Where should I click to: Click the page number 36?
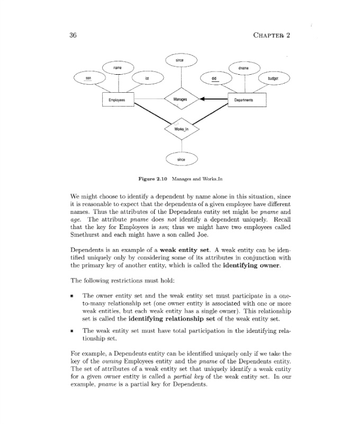pos(74,36)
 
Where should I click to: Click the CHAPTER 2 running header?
pos(273,36)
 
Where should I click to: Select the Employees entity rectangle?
pos(117,100)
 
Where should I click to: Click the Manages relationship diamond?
pos(181,99)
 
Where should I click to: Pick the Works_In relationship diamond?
pos(181,129)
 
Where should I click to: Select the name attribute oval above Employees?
pos(118,68)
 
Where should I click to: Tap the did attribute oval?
pos(214,78)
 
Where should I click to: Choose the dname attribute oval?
pos(244,68)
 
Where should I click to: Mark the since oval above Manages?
pos(181,61)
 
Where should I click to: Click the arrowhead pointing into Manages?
pos(202,99)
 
